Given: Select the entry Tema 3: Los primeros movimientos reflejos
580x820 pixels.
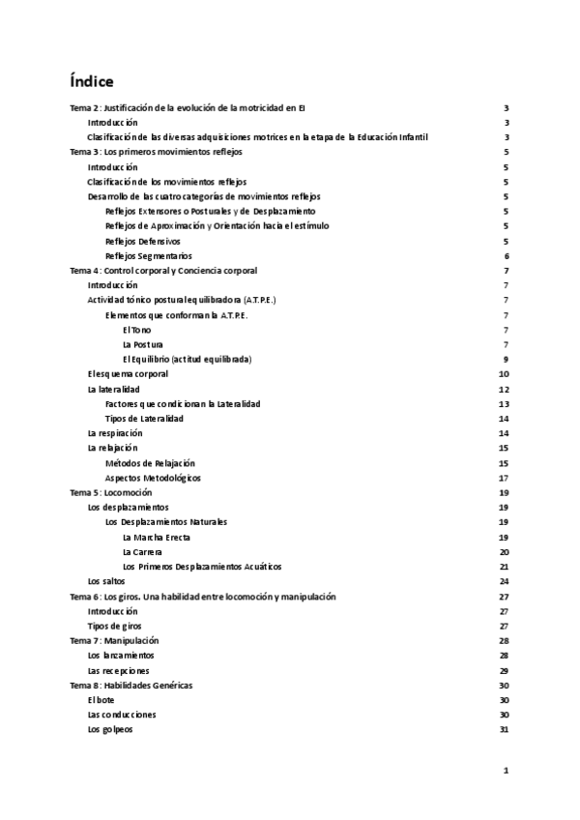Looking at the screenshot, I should pos(156,152).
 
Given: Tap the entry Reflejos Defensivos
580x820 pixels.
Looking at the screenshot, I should pos(142,241).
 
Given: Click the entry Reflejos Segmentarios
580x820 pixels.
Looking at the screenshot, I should pos(148,255).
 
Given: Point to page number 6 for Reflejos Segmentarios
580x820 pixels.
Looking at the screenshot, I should pos(506,255).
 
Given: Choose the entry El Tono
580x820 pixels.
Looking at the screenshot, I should pos(136,330).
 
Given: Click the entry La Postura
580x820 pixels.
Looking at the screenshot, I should pos(142,344).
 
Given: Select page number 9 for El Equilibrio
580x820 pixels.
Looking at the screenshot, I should pos(506,359).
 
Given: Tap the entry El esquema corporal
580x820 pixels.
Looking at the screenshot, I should pos(128,374).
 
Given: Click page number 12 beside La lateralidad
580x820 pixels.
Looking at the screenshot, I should pos(504,389).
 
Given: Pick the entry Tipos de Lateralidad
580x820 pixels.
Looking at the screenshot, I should pos(144,419).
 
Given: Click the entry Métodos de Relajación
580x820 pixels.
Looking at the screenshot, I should pos(150,463).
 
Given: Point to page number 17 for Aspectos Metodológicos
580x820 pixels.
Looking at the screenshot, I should pos(504,478).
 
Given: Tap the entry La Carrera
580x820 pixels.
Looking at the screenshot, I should pos(142,551).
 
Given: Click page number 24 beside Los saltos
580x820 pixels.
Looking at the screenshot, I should pos(504,581).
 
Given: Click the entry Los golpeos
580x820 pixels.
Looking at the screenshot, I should pos(109,729).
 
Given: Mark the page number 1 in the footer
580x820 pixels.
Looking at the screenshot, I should pos(506,771).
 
